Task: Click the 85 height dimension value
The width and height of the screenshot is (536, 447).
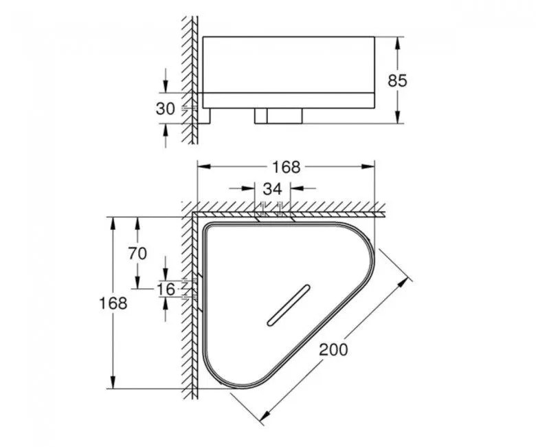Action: coord(397,80)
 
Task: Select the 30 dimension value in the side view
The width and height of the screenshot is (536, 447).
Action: coord(165,108)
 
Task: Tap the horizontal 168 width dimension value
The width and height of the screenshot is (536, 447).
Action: coord(286,167)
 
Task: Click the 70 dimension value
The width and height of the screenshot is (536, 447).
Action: coord(137,253)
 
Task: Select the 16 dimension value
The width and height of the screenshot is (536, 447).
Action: coord(166,289)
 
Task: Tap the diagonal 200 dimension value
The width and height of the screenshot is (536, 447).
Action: coord(334,349)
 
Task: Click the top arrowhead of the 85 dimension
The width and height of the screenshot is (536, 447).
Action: coord(397,40)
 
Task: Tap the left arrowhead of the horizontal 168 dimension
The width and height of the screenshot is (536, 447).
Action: coord(202,167)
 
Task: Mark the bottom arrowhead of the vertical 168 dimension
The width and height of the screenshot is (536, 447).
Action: coord(111,385)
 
